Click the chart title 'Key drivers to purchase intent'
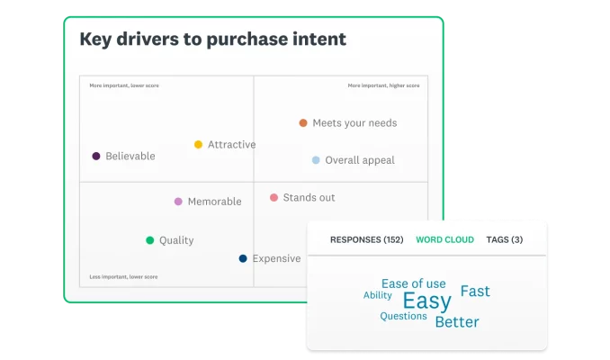(x=212, y=40)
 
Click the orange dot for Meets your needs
(x=303, y=123)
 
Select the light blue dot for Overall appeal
(x=316, y=160)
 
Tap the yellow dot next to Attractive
(x=199, y=145)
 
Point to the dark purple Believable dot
(x=96, y=157)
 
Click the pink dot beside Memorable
(x=178, y=202)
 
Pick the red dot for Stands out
(x=274, y=197)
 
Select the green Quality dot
(x=149, y=240)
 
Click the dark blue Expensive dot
(x=243, y=259)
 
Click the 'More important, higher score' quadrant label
(x=383, y=85)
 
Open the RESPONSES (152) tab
(x=366, y=240)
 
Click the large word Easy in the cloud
(x=426, y=301)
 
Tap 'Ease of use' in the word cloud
(x=413, y=283)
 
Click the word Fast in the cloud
(x=475, y=292)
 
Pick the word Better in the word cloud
(x=457, y=322)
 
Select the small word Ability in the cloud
(x=377, y=295)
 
